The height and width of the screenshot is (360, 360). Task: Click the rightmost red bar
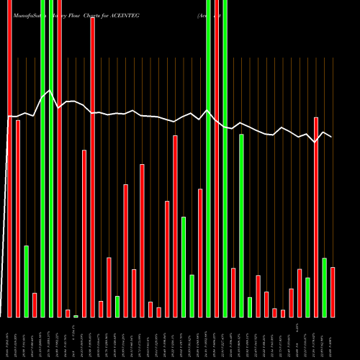333,292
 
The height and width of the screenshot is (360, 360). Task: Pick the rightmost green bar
324,287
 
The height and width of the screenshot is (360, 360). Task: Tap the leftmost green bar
26,281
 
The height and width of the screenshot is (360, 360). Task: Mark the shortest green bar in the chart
76,316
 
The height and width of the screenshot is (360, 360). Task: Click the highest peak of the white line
49,91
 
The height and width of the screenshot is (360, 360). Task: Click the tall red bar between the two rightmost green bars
316,216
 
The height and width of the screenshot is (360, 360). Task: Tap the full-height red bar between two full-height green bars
217,158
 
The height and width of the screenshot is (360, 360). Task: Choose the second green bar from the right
307,297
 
